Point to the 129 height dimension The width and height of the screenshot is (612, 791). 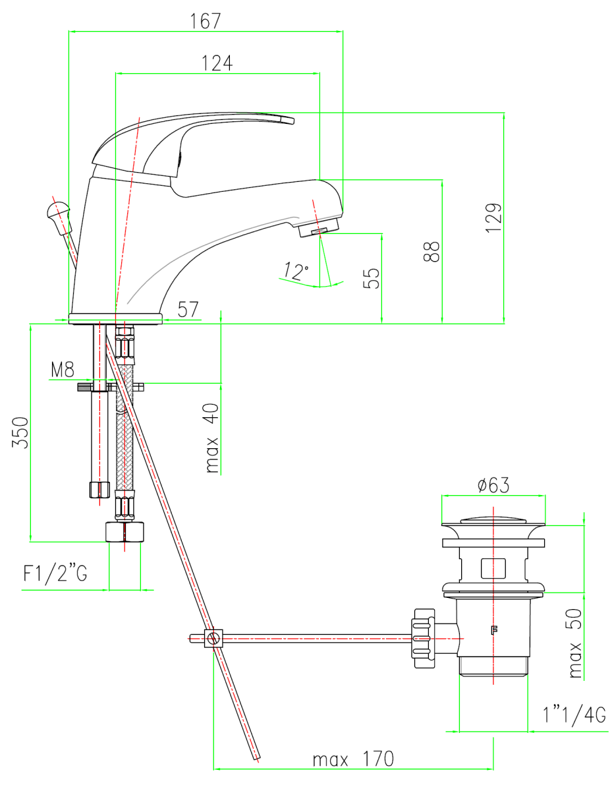[x=496, y=217]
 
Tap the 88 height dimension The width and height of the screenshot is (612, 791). [x=431, y=251]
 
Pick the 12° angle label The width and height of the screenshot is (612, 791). [x=296, y=270]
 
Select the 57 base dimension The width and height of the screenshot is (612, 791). [x=188, y=310]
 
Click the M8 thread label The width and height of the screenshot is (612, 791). [x=63, y=370]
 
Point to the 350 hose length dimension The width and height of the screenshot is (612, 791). [x=21, y=432]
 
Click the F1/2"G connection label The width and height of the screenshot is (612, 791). [x=55, y=574]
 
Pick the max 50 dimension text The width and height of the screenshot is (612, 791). [x=575, y=643]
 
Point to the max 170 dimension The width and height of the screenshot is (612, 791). [x=352, y=759]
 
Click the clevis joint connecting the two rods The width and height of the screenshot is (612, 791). [x=213, y=638]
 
